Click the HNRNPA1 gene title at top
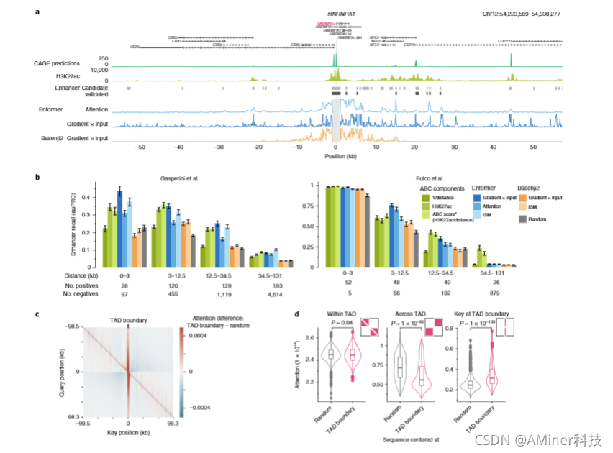tap(335, 14)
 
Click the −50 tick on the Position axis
tap(140, 145)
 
